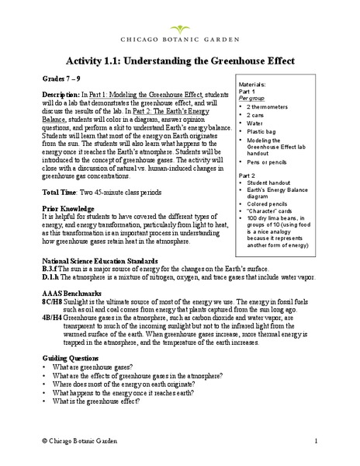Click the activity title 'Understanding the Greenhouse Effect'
coord(180,60)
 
